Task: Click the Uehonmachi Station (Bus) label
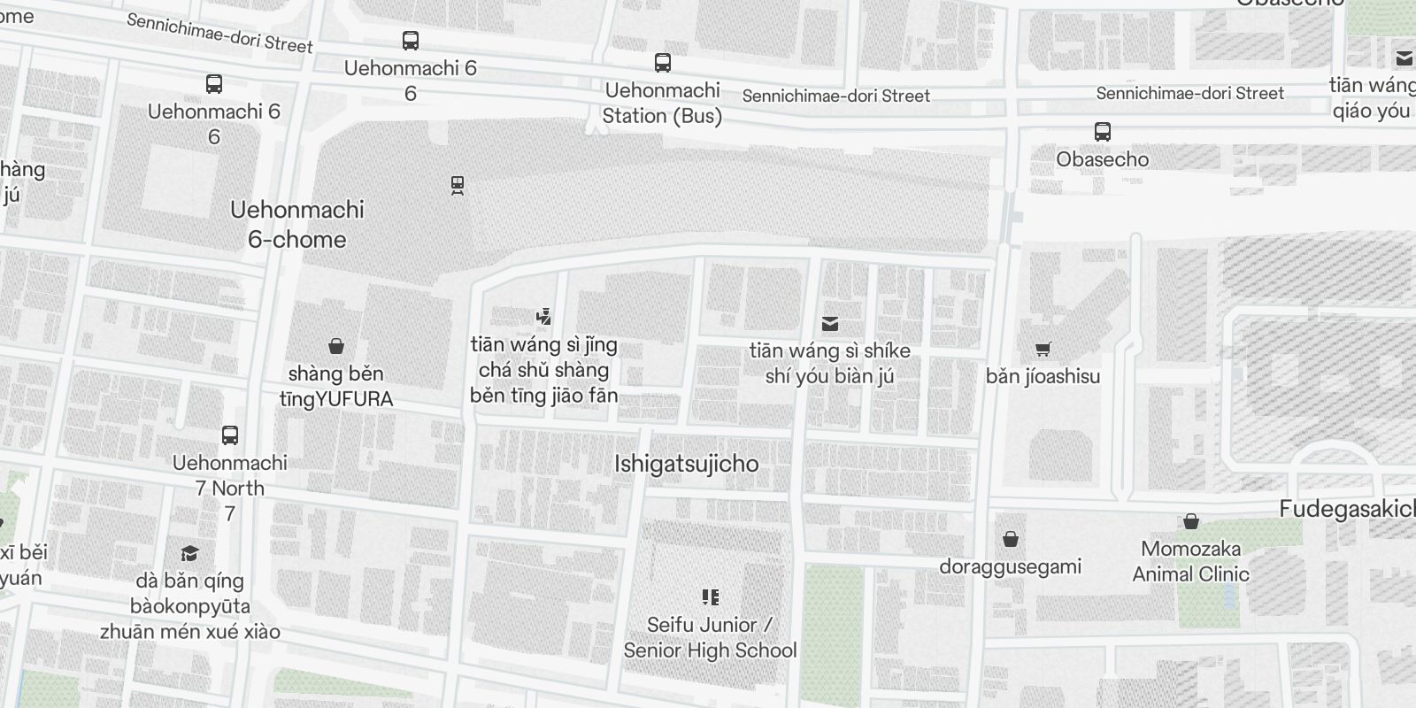tap(662, 103)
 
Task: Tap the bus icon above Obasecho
tap(1102, 132)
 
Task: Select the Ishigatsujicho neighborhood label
tap(686, 464)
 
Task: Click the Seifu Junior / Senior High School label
tap(710, 637)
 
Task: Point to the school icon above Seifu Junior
tap(710, 597)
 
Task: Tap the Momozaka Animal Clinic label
tap(1190, 561)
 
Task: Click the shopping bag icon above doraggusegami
tap(1010, 539)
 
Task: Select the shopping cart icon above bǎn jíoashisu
tap(1043, 350)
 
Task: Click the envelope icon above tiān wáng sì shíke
tap(829, 324)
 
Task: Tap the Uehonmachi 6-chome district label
tap(296, 224)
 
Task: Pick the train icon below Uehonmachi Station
tap(457, 185)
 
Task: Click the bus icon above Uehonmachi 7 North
tap(229, 435)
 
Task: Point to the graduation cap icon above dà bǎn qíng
tap(189, 554)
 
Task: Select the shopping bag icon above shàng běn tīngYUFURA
tap(335, 346)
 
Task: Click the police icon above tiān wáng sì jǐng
tap(543, 317)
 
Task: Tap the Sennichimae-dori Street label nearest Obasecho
tap(1189, 93)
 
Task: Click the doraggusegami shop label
tap(1010, 566)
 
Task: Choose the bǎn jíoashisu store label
tap(1043, 376)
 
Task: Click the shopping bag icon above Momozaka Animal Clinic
tap(1190, 521)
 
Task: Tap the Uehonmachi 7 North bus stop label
tap(229, 475)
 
